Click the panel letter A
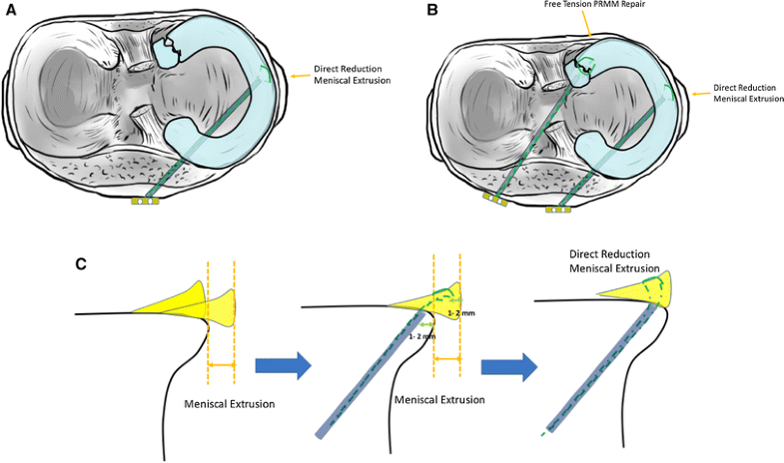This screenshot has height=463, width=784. [x=11, y=11]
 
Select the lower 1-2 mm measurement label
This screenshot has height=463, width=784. [x=424, y=337]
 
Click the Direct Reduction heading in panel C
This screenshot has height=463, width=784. [x=610, y=261]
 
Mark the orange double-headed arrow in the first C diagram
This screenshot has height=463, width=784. [x=220, y=364]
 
